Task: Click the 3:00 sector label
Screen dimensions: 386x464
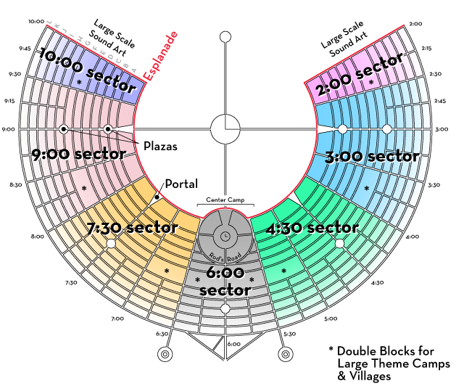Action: pos(381,155)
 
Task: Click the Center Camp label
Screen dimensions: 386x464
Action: pos(225,198)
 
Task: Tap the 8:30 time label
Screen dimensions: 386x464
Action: pos(14,186)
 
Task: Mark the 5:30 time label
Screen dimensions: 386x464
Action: pos(290,334)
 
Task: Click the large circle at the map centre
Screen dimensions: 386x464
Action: pos(225,129)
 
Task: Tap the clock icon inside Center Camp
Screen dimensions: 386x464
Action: pos(225,236)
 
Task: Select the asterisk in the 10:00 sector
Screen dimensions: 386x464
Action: pos(79,84)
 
